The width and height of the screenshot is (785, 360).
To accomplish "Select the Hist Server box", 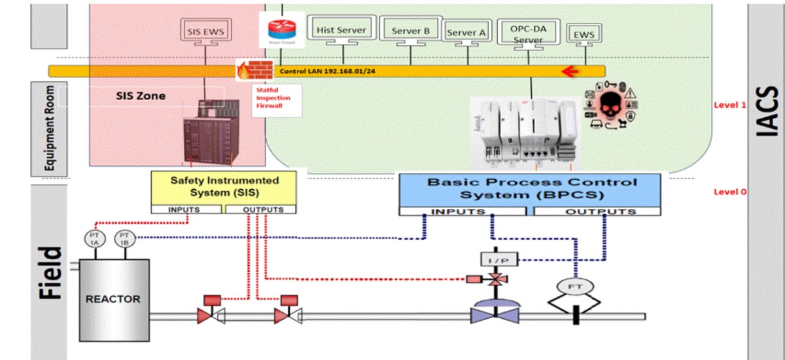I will point(341,29).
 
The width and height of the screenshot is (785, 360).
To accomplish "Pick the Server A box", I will point(466,32).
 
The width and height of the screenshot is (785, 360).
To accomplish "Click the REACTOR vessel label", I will point(113,299).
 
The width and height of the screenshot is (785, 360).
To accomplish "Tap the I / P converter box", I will point(499,260).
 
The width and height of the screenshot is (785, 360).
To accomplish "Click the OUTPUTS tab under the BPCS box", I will point(601,211).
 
